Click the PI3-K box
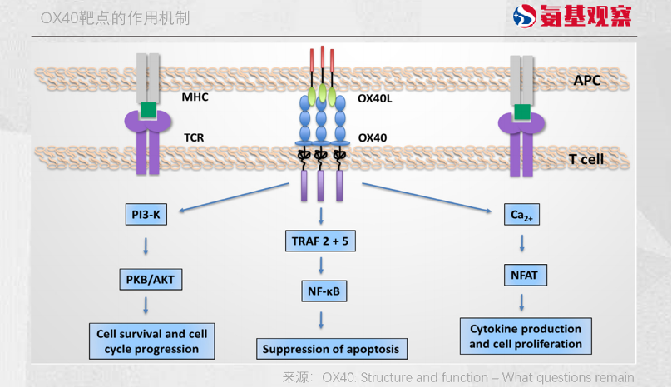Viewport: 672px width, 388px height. tap(146, 214)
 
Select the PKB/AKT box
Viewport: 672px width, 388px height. tap(151, 280)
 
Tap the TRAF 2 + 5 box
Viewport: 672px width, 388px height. tap(320, 241)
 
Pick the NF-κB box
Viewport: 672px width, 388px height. tap(324, 291)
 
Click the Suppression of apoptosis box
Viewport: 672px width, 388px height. tap(332, 349)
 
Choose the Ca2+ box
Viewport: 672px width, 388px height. tap(521, 214)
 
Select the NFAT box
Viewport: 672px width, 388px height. tap(526, 275)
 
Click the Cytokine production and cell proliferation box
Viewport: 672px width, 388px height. tap(526, 336)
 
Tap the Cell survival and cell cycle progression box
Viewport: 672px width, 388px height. tap(151, 341)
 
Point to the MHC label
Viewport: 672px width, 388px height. tap(195, 97)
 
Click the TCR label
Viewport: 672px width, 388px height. tap(194, 137)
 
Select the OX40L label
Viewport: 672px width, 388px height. tap(375, 98)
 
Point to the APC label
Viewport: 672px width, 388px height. tap(587, 80)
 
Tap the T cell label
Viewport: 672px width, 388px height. tap(586, 159)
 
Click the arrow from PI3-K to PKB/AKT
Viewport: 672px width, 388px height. tap(146, 246)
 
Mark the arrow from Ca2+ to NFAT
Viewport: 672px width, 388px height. tap(522, 243)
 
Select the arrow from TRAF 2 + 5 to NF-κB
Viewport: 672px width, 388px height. tap(321, 266)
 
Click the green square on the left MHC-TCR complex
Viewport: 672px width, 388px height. tap(148, 110)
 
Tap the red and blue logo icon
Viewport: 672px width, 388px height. tap(525, 17)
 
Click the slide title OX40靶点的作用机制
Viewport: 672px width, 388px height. tap(116, 18)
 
